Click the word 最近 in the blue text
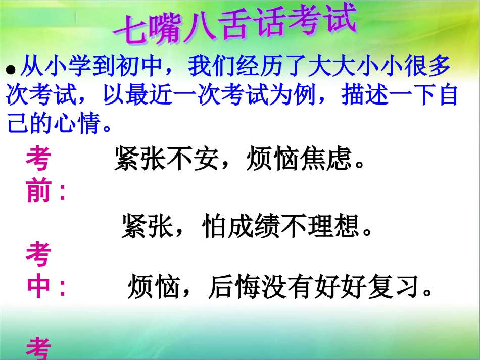point(142,95)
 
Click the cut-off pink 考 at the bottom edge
point(39,349)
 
